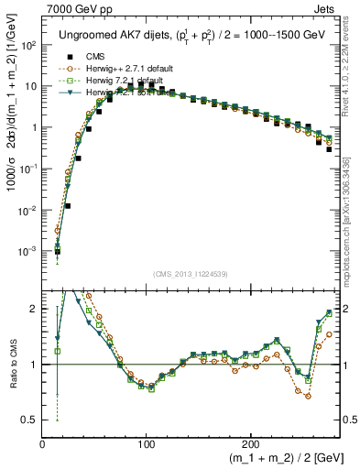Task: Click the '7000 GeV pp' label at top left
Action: pos(74,8)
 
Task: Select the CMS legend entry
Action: pos(92,54)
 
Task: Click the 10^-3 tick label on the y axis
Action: pos(27,251)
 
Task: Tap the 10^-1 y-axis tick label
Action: pos(27,169)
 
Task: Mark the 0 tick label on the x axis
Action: pos(43,443)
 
